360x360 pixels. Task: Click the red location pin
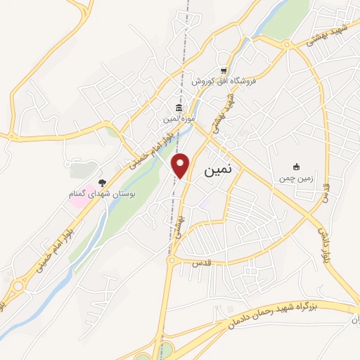tap(181, 166)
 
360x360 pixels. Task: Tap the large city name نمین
tap(221, 170)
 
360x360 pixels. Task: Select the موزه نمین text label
tap(179, 119)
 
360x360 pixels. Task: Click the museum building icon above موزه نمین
tap(179, 108)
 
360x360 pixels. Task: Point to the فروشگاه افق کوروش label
tap(226, 80)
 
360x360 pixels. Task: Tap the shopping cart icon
tap(224, 70)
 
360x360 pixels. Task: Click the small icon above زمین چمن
tap(297, 167)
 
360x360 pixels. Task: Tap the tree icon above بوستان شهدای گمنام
tap(103, 183)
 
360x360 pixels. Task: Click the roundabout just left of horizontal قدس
tap(171, 261)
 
